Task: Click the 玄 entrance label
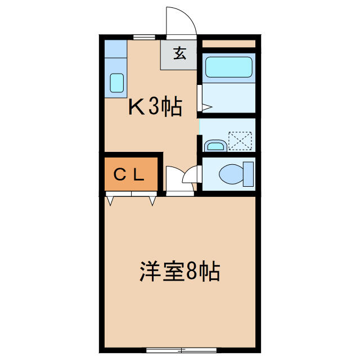tap(179, 53)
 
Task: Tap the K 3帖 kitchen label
tap(155, 107)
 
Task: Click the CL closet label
tap(129, 174)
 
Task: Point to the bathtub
tap(229, 67)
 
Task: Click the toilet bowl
tap(231, 174)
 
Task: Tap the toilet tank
tap(249, 174)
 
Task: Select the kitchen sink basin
tap(117, 83)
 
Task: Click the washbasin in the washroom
tap(215, 146)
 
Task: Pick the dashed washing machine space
tap(240, 141)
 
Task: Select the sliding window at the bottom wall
tap(181, 350)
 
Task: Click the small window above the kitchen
tap(144, 37)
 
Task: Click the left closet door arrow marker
tap(110, 201)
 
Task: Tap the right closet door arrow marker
tap(152, 201)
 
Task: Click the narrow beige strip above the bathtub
tap(229, 44)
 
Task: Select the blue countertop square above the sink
tap(116, 49)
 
